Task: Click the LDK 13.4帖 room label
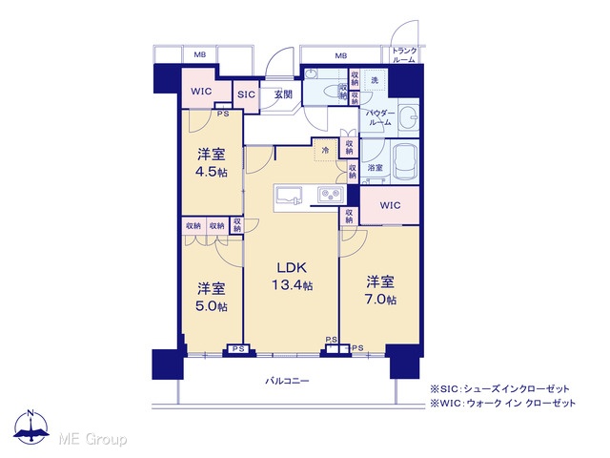[x=292, y=276]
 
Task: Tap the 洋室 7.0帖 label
[x=380, y=290]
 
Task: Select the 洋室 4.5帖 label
[x=212, y=162]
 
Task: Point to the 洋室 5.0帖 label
[x=212, y=297]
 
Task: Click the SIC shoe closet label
[x=246, y=94]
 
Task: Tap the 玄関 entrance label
[x=283, y=94]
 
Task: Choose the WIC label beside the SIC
[x=201, y=92]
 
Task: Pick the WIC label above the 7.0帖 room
[x=390, y=205]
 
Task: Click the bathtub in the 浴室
[x=406, y=161]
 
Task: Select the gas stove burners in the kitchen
[x=331, y=195]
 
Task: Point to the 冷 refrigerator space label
[x=325, y=150]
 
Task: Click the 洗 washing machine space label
[x=375, y=80]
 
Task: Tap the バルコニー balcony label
[x=287, y=381]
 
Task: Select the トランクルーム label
[x=404, y=55]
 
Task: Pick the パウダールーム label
[x=380, y=117]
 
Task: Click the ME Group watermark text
[x=92, y=439]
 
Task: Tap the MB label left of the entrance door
[x=200, y=55]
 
